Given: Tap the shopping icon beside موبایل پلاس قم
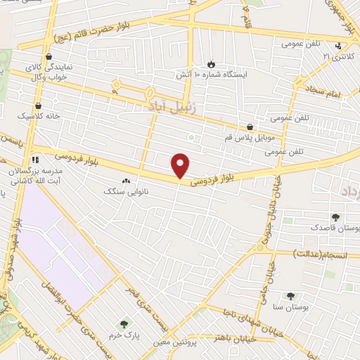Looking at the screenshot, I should [x=250, y=127].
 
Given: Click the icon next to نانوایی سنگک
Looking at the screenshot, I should [x=127, y=181].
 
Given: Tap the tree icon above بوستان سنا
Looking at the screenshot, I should [x=291, y=297].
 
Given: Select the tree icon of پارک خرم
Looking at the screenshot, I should [x=124, y=324].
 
